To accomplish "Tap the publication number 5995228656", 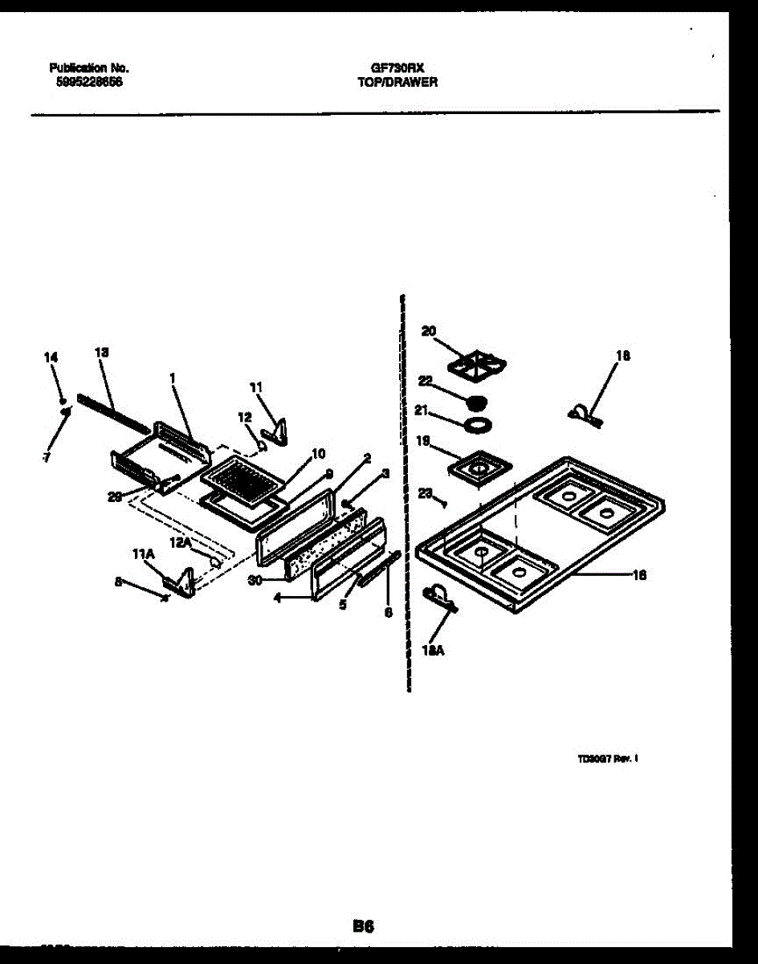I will point(86,81).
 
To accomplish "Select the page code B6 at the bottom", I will point(364,926).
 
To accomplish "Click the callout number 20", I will point(428,331).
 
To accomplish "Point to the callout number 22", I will point(425,382).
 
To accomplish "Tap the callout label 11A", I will point(143,553).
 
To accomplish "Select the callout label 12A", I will point(180,543).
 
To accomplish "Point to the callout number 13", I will point(101,352).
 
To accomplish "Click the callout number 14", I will point(51,357).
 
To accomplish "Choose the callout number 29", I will point(114,496).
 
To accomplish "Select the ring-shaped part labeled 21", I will point(478,423).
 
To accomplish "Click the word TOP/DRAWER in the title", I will point(397,82).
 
